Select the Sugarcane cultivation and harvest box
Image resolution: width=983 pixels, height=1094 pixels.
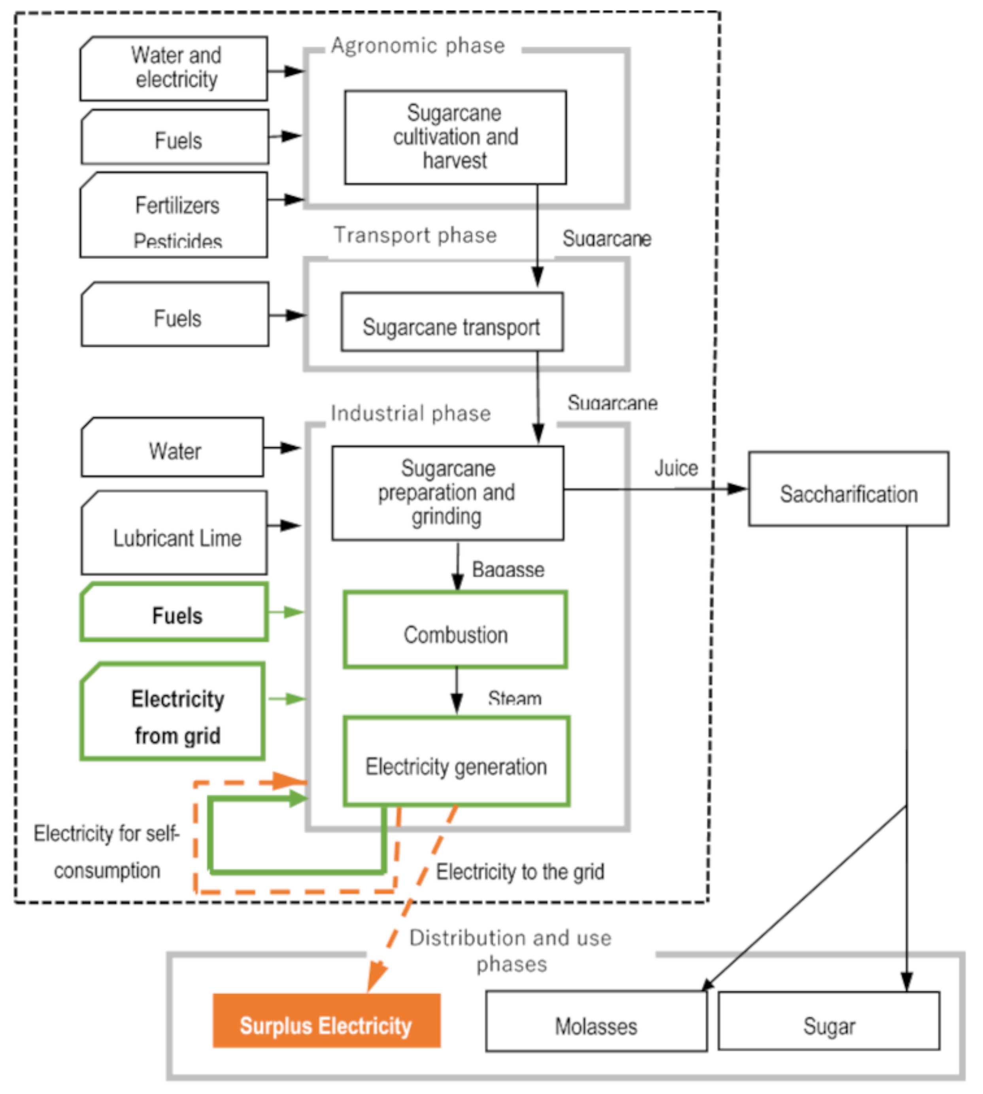click(455, 137)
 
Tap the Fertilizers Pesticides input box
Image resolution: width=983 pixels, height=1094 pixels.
click(174, 215)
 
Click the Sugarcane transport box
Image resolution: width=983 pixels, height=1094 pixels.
click(451, 322)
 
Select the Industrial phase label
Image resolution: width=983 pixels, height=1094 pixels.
click(411, 413)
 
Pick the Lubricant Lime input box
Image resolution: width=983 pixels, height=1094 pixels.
click(174, 533)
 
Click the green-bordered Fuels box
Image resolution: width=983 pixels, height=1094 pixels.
click(174, 612)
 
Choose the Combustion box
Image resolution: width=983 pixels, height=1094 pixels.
click(455, 630)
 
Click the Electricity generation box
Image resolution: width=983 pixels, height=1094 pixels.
click(457, 762)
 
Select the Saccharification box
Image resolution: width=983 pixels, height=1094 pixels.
click(848, 488)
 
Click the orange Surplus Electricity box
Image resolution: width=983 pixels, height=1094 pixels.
click(326, 1020)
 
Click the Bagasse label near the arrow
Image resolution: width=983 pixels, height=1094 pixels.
click(508, 570)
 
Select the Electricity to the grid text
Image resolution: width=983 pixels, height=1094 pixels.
click(520, 871)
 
